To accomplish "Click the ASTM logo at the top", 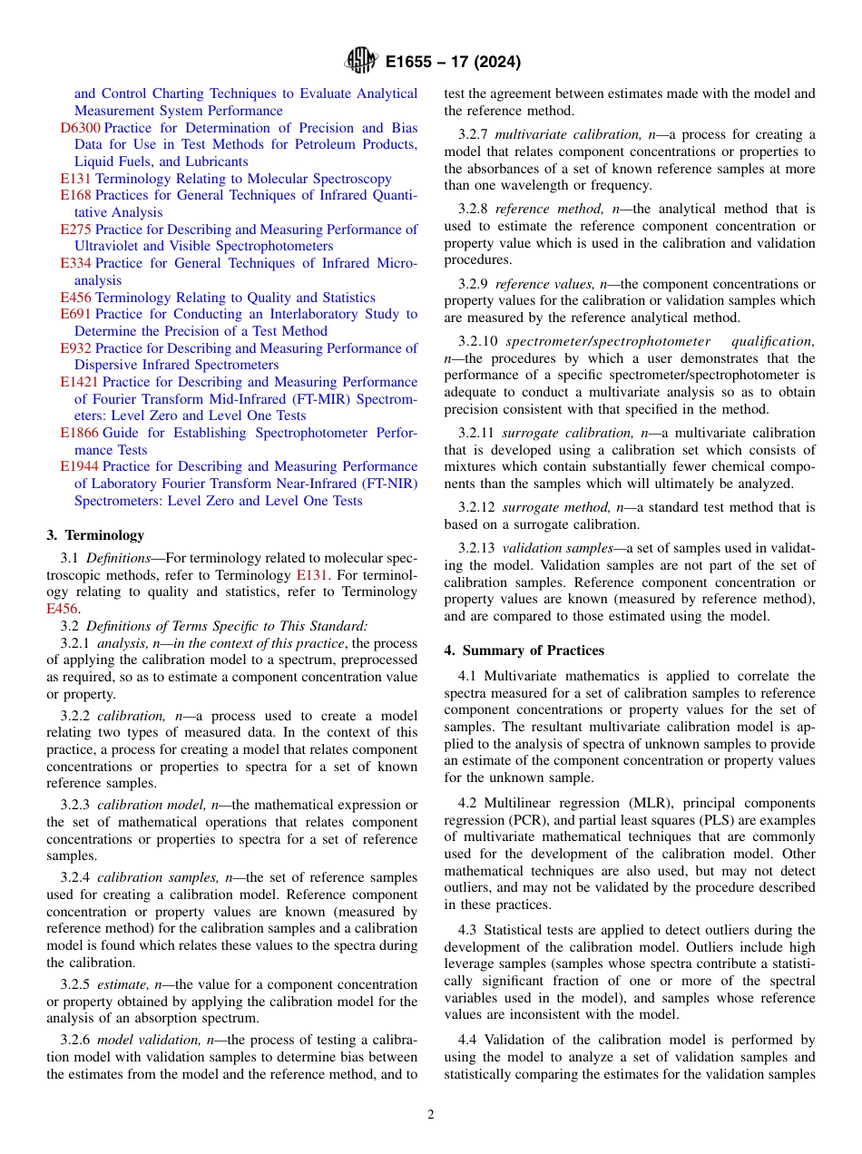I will click(361, 62).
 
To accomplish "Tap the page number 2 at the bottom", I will click(431, 1115).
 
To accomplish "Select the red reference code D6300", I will click(80, 128).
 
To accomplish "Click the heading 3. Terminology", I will click(95, 535).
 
